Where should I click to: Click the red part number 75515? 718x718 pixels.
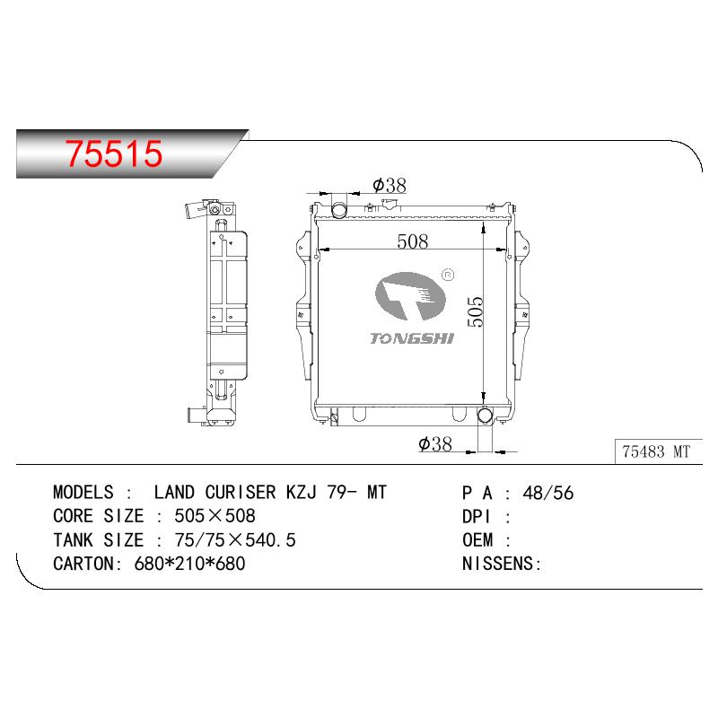point(114,153)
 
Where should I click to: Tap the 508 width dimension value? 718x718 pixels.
point(413,241)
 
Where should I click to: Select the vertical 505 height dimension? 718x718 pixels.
point(476,311)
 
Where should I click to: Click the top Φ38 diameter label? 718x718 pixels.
point(390,186)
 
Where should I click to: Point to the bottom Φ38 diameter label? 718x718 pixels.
point(435,443)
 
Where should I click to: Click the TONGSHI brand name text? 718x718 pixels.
point(412,338)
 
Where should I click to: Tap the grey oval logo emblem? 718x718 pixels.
point(410,296)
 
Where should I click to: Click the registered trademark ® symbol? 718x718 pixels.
point(448,276)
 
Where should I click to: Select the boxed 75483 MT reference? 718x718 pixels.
point(656,451)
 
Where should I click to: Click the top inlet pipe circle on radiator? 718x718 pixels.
point(339,210)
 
